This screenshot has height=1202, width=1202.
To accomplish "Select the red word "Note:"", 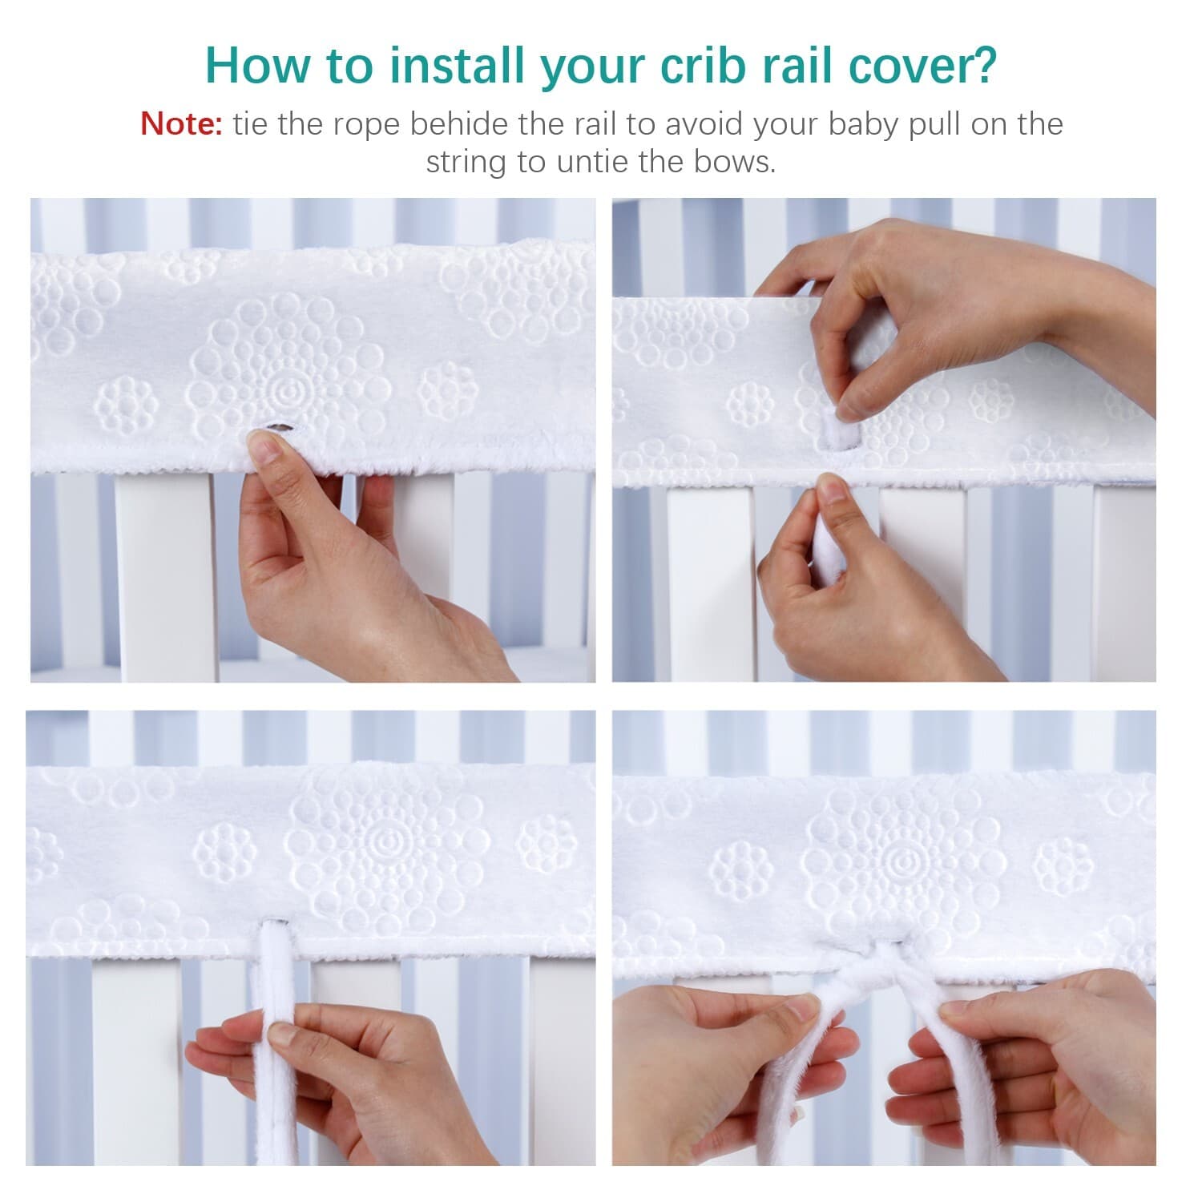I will [181, 124].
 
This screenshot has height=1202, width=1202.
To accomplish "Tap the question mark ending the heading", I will [982, 65].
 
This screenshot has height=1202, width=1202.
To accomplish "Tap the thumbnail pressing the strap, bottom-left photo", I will [280, 1035].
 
